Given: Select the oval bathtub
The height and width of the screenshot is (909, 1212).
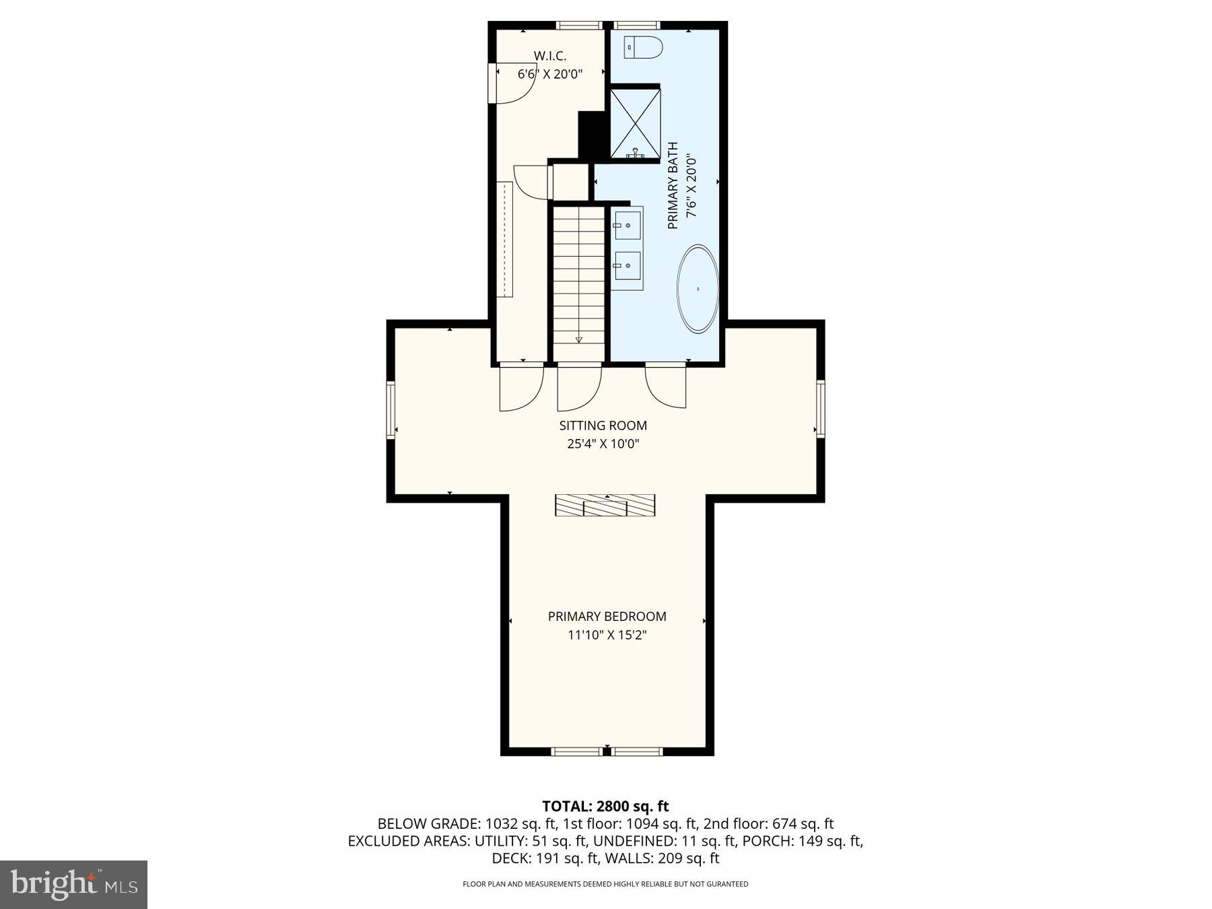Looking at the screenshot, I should tap(698, 289).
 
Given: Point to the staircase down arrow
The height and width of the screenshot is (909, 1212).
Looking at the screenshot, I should tap(578, 339).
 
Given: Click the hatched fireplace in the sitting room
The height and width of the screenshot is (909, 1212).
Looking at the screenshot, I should tap(605, 505).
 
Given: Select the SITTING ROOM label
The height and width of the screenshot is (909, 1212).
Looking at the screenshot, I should tap(603, 426).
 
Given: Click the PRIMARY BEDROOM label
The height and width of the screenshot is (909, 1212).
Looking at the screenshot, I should tap(607, 616).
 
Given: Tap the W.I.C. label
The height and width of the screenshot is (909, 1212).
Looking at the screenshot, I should tap(549, 56).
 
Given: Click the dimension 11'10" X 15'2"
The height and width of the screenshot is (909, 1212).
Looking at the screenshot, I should tap(607, 635).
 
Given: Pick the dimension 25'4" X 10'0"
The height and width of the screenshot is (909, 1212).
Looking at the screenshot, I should tap(603, 444).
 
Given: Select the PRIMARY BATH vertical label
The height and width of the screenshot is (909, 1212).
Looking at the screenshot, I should tap(673, 185).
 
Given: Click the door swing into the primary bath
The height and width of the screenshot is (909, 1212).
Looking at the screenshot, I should tap(666, 387).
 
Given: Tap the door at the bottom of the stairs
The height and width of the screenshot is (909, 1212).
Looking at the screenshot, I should tap(579, 387).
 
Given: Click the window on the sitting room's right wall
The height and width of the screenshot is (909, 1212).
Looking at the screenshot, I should tap(820, 408).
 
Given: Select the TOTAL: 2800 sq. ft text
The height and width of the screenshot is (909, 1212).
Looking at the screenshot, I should tap(605, 806).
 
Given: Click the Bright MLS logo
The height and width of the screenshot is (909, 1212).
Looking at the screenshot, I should tap(73, 884).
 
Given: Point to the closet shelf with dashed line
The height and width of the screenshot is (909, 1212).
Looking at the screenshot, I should tap(505, 239).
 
